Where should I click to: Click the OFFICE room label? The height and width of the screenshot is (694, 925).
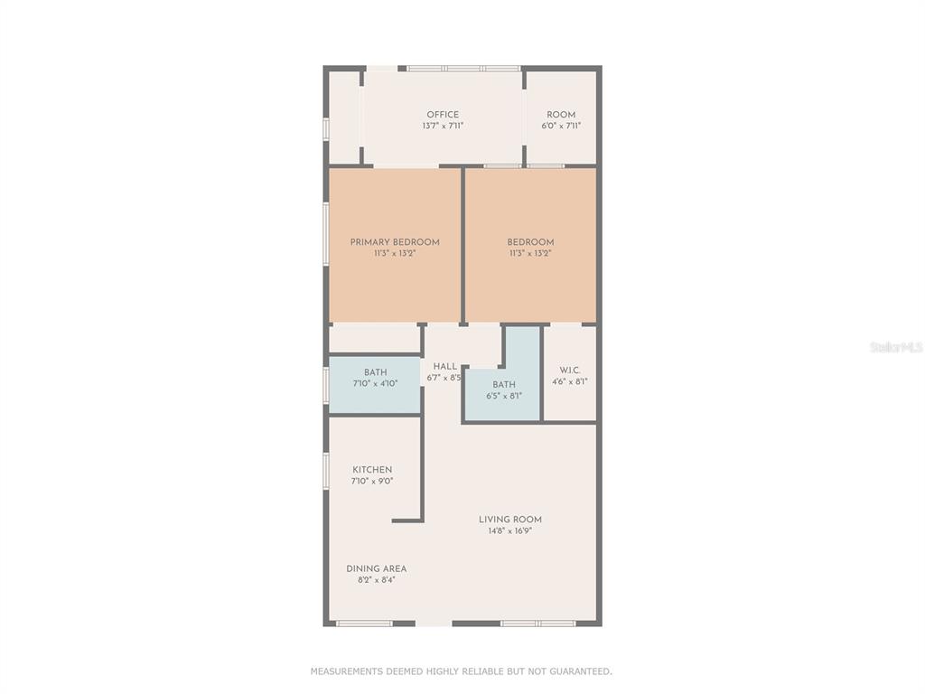coord(443,115)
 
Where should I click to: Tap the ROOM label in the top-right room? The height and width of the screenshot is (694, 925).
coord(561,115)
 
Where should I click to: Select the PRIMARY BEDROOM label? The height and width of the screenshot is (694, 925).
coord(395,242)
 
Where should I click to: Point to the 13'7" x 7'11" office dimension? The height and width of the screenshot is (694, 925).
coord(443,126)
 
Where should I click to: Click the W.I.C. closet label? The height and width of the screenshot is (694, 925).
coord(570,370)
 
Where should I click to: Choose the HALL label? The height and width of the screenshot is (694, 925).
coord(444,367)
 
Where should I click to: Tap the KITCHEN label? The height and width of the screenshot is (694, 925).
coord(372,470)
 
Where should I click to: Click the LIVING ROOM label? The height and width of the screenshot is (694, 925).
coord(510,520)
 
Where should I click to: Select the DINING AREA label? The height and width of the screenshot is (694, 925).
coord(377,569)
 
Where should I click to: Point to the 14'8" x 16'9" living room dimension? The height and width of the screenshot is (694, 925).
coord(510,530)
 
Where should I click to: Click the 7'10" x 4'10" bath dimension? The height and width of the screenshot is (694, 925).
coord(375,383)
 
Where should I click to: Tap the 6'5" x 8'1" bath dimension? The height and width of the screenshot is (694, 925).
coord(504,396)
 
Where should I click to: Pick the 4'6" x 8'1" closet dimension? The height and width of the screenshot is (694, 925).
coord(570,381)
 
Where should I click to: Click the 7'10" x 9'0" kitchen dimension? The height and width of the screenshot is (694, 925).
coord(372,481)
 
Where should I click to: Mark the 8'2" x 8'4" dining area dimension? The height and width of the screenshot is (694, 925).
coord(377,580)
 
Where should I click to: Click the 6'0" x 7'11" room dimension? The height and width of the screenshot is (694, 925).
coord(561,126)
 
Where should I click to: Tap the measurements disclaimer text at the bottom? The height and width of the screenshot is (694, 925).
coord(462,671)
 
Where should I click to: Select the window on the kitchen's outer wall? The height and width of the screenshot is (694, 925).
coord(325,471)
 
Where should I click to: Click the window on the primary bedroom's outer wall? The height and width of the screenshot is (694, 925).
coord(325,235)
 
